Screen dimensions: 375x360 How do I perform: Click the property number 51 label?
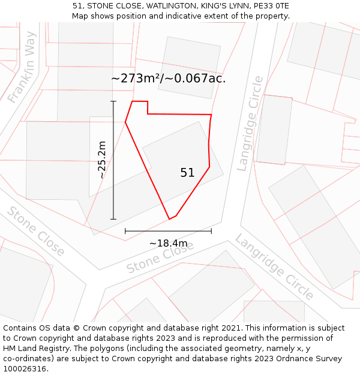point(187,173)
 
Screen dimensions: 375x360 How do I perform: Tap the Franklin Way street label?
point(23,67)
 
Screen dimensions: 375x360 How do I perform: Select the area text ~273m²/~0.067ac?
point(169,79)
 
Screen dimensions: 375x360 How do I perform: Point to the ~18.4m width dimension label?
point(168,243)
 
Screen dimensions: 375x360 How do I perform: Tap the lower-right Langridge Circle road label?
point(274,267)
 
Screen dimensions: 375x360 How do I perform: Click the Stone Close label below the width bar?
point(160,259)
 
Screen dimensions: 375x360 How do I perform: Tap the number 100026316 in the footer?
point(25,369)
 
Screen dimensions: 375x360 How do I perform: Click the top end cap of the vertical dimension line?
point(113,101)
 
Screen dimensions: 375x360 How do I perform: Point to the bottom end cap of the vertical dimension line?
point(113,220)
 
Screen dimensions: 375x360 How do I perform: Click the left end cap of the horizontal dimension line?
point(125,231)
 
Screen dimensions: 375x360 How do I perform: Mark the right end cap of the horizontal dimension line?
point(211,231)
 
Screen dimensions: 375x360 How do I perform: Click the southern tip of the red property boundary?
point(170,219)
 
